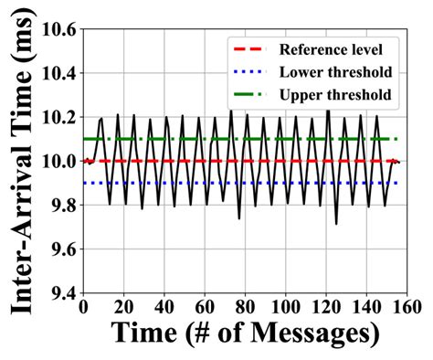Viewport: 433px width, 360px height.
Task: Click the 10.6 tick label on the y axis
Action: coord(59,29)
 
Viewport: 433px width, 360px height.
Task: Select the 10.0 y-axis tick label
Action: coord(59,162)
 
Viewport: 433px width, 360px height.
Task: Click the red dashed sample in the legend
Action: coord(252,49)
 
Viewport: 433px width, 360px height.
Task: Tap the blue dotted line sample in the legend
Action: coord(252,71)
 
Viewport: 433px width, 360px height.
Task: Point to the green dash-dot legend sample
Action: coord(252,93)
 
